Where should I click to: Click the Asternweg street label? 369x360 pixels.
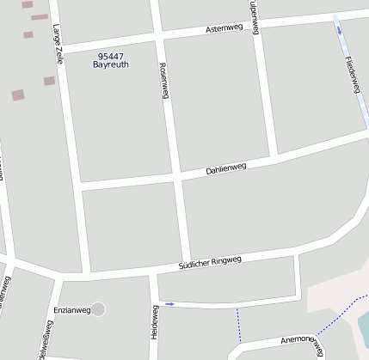pos(224,28)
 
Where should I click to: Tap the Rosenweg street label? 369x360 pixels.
pos(163,81)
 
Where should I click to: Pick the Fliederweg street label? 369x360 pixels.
pos(351,75)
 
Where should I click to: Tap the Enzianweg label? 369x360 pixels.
pos(71,309)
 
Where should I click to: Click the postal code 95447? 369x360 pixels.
pos(110,56)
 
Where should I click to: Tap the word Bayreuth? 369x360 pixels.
pos(110,64)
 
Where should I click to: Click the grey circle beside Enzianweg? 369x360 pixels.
pos(98,308)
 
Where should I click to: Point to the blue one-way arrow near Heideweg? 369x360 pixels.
pos(169,304)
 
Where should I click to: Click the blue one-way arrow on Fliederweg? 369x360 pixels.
pos(339,30)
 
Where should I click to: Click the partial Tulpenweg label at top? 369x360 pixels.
pos(254,10)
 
